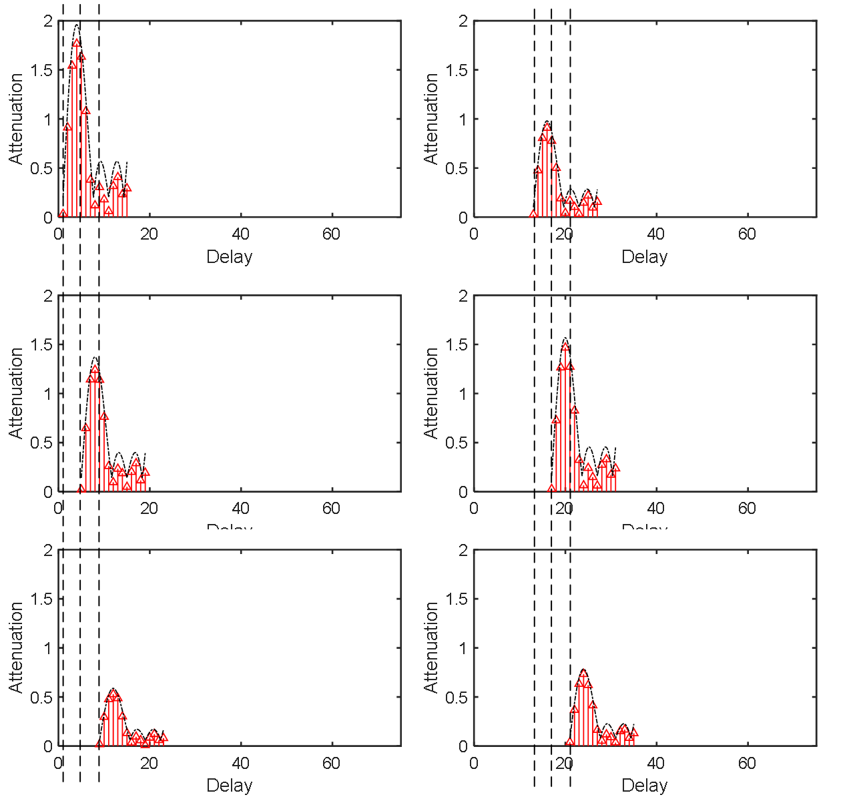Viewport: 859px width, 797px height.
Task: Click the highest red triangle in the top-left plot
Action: [77, 43]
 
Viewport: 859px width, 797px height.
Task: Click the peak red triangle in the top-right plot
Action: [547, 126]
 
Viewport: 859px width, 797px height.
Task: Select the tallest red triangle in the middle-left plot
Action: [95, 368]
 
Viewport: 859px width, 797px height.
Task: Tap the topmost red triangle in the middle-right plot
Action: [565, 346]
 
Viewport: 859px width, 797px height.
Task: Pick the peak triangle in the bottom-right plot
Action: [583, 673]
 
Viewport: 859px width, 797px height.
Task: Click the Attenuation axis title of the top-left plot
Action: [16, 119]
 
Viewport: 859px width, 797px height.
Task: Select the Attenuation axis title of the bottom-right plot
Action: [431, 647]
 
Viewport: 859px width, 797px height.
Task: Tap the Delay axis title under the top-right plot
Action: [644, 257]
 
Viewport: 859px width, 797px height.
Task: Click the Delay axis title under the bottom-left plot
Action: [229, 785]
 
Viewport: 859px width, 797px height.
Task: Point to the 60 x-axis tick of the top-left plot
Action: [332, 234]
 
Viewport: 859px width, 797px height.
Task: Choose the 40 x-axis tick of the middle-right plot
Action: [656, 509]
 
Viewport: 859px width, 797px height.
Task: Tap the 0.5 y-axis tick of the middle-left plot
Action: [41, 443]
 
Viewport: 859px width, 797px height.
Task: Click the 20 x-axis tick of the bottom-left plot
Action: [150, 763]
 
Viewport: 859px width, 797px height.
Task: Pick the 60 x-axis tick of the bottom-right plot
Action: [747, 763]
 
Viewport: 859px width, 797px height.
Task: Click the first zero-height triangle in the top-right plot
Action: [533, 214]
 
